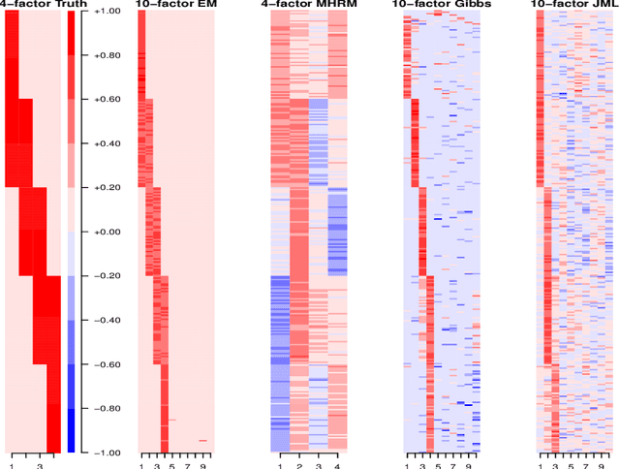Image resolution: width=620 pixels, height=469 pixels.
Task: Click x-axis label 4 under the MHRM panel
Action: click(x=337, y=466)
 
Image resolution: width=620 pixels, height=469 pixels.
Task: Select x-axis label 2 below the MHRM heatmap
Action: click(x=299, y=466)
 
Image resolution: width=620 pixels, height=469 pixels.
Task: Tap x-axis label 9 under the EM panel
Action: click(x=203, y=466)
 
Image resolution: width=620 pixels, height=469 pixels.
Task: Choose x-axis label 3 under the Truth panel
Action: click(x=40, y=466)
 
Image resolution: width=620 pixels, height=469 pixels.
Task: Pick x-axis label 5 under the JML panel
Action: click(x=571, y=466)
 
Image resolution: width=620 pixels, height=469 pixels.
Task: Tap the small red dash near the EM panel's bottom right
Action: click(x=203, y=441)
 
